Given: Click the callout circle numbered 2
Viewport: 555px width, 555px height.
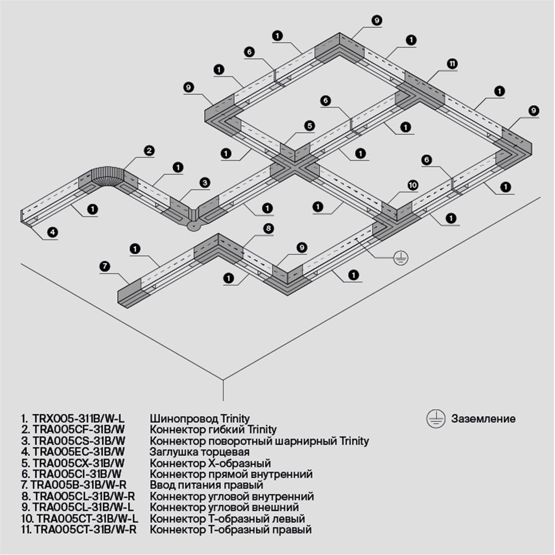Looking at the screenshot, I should pos(148,150).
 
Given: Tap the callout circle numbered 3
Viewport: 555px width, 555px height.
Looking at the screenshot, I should pos(205,182).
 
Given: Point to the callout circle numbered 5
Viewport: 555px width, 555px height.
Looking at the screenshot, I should pos(309,126).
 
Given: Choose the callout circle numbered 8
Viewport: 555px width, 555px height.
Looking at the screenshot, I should pos(267,228).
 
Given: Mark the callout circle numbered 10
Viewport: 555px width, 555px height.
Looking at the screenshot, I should pos(412,185).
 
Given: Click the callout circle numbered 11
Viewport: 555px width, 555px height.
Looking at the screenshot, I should pos(452,64).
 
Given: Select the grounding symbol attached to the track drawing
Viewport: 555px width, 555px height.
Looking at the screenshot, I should pos(401,257).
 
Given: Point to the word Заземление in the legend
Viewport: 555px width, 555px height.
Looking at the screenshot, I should pos(483,419).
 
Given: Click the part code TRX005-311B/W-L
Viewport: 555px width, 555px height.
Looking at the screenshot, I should pos(78,418).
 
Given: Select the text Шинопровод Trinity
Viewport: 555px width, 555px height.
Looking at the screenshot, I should pos(200,418).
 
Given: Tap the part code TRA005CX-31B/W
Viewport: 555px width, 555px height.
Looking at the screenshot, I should pos(77,463).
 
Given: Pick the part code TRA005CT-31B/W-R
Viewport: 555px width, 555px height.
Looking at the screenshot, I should pos(85,529).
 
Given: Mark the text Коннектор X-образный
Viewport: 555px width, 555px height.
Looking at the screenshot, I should pos(210,463).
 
